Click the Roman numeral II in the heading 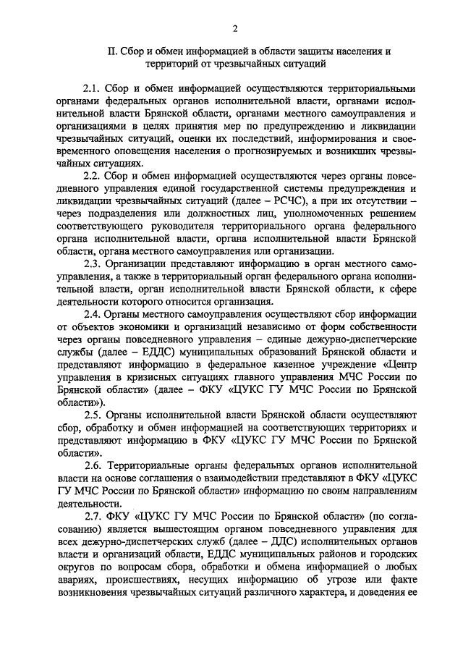tap(111, 51)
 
